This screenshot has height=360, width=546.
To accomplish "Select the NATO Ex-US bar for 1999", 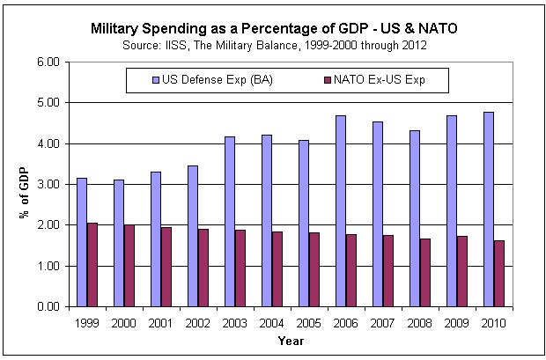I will coord(92,264).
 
